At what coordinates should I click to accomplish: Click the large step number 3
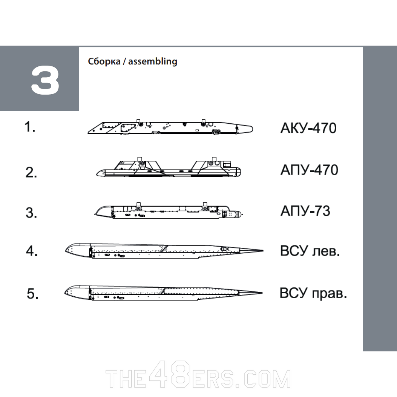[45, 81]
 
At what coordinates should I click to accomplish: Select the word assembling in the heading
[153, 61]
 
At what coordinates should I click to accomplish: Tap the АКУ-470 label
[308, 129]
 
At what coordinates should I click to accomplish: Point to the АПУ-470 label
[309, 170]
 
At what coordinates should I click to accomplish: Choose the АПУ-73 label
[305, 211]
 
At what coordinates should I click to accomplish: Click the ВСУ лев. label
[310, 251]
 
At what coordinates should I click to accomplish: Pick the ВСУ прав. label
[313, 293]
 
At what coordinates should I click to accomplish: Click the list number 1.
[30, 128]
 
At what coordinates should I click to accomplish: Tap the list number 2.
[31, 173]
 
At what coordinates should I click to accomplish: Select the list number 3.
[31, 213]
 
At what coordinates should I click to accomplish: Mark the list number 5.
[32, 294]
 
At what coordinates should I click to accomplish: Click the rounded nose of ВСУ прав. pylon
[69, 291]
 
